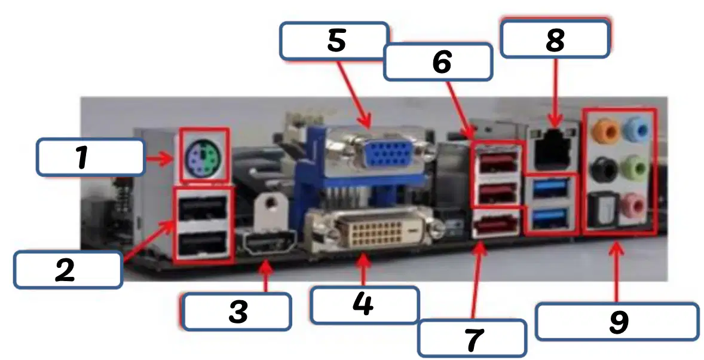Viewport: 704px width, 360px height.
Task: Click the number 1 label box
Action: pos(90,157)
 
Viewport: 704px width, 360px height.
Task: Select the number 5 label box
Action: pos(334,41)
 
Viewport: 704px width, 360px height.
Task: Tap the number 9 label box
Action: pos(617,322)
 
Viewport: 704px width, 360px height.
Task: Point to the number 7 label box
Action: pos(472,338)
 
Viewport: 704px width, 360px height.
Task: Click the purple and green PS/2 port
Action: pos(204,155)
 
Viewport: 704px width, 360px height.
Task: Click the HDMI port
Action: pos(269,243)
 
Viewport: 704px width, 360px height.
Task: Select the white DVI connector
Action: pos(375,231)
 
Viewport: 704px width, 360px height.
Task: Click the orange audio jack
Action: pos(605,131)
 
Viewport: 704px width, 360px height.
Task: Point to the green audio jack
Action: pos(635,167)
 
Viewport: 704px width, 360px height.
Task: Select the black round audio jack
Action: pos(604,169)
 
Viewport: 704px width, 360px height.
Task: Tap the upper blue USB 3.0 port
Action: pos(549,189)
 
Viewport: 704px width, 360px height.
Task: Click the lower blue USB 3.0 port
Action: pos(549,219)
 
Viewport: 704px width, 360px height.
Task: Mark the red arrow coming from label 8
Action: pos(555,91)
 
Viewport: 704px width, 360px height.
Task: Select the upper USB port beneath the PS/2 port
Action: pos(203,208)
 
